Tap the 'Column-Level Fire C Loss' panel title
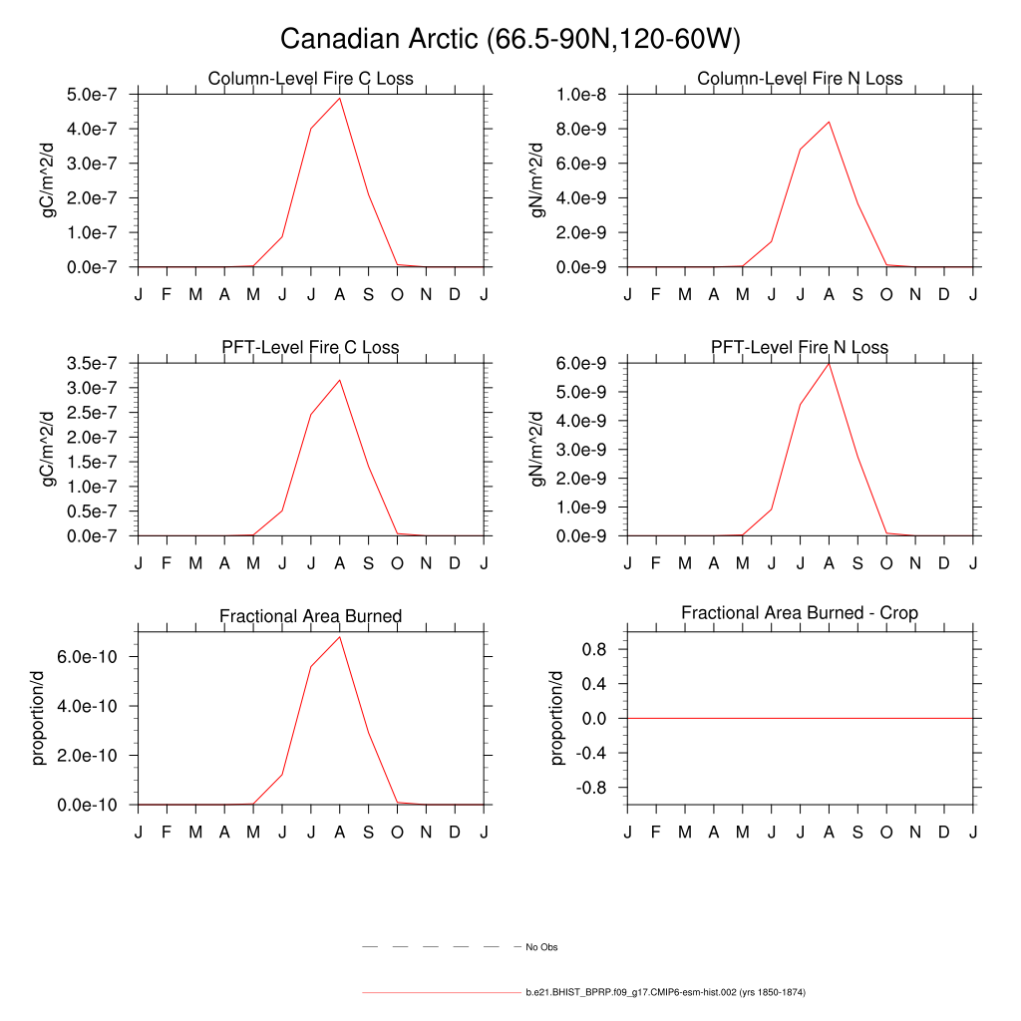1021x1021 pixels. click(310, 79)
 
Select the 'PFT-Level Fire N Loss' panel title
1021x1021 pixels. click(800, 347)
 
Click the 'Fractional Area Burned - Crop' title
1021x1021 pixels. click(800, 612)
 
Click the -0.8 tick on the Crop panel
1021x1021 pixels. click(593, 788)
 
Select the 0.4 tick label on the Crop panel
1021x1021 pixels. click(596, 684)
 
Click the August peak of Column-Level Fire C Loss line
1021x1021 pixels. click(340, 98)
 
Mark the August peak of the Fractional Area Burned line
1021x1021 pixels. click(340, 636)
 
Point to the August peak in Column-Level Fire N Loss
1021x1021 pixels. click(829, 122)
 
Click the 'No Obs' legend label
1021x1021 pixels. click(541, 946)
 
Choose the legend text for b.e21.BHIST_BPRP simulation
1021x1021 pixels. click(665, 993)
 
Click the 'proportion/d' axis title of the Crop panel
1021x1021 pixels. click(557, 717)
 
